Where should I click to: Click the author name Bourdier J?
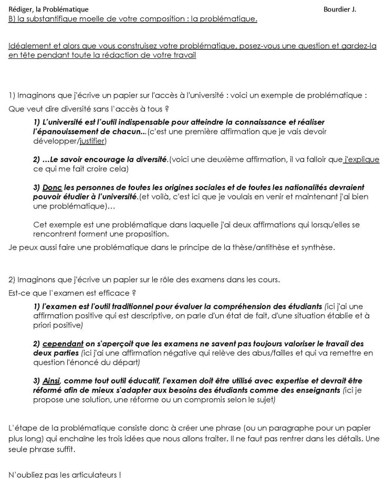tap(340, 9)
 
